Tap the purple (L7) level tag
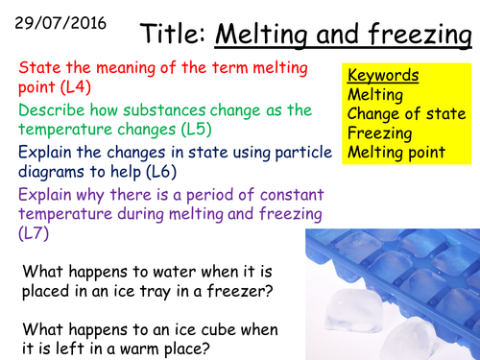point(32,233)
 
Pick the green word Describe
point(52,108)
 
